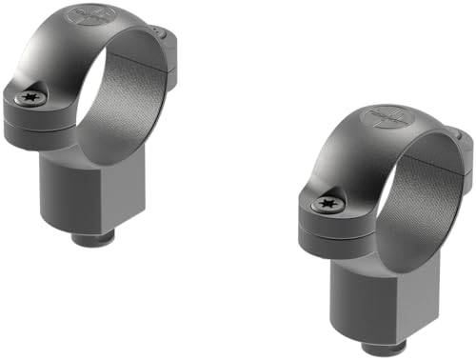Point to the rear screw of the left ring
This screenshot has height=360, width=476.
click(x=168, y=34)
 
